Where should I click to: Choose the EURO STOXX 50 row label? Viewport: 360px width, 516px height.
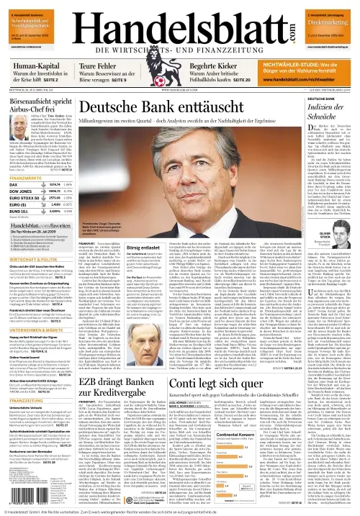click(24, 199)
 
